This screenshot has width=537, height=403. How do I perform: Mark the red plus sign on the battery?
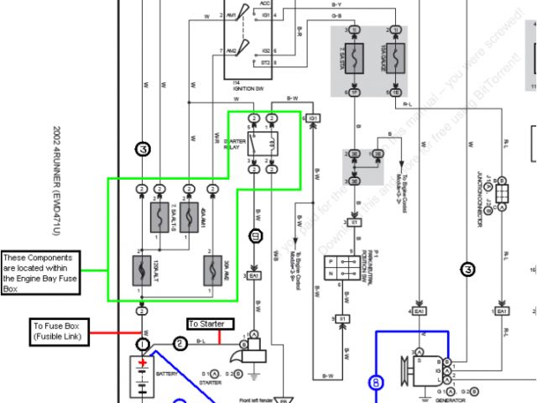tap(143, 363)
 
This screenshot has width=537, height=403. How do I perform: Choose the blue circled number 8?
tap(376, 385)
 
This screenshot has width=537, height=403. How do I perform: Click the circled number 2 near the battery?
tap(179, 343)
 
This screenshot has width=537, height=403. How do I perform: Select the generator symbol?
tap(424, 369)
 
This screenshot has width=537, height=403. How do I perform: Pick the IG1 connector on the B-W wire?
tap(313, 118)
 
